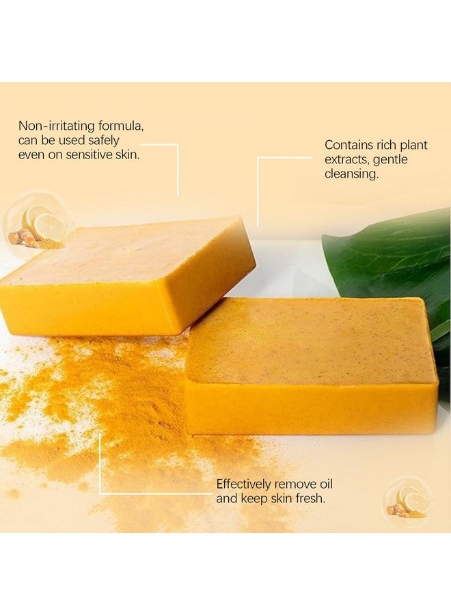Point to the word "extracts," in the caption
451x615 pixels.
coord(348,159)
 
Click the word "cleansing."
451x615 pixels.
coord(351,174)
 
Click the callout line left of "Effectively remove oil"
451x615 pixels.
coord(100,465)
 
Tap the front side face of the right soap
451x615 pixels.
coord(311,409)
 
